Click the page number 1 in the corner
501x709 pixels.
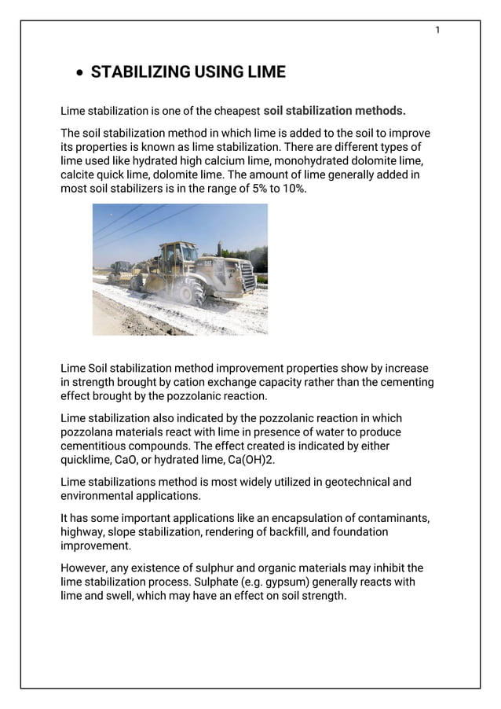pyautogui.click(x=437, y=31)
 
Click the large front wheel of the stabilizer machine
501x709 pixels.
pyautogui.click(x=189, y=292)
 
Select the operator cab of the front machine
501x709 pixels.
pyautogui.click(x=177, y=254)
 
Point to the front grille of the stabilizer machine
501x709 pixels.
pyautogui.click(x=246, y=277)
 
